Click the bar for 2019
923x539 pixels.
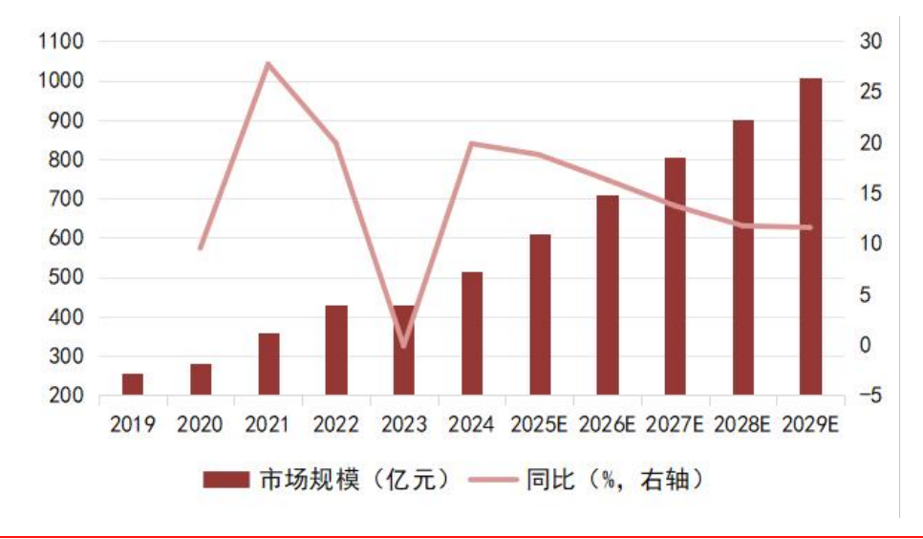133,384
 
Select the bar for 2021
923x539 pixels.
269,364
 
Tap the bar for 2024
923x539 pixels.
472,334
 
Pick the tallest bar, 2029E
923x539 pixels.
810,236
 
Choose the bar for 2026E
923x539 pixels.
608,295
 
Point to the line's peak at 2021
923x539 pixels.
268,63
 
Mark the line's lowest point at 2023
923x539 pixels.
404,345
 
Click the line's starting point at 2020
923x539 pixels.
200,248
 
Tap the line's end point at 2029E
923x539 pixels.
810,227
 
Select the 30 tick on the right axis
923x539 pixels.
870,42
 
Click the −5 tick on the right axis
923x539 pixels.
869,396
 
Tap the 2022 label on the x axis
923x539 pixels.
336,424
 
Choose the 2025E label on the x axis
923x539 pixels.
539,424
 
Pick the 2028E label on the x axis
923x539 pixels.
742,424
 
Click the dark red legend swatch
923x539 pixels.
226,480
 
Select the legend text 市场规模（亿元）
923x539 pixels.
354,480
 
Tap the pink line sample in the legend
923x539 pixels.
493,480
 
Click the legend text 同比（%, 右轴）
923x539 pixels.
614,480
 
